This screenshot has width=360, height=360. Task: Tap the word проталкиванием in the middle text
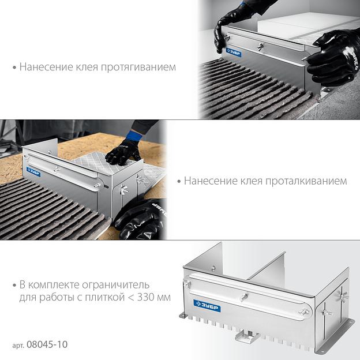(306, 181)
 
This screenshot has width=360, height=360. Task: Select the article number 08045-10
(47, 344)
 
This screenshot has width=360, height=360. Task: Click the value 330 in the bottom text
(146, 297)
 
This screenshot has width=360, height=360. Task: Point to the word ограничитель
(116, 285)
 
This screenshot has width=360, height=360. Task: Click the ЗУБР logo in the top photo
(234, 52)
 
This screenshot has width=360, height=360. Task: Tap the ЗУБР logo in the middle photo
(33, 172)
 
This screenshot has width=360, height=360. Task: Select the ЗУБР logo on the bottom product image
(207, 306)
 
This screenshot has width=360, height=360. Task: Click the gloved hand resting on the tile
(123, 152)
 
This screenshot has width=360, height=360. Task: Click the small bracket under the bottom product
(247, 336)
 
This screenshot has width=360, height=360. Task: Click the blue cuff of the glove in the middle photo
(134, 136)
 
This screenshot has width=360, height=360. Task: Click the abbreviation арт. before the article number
(18, 346)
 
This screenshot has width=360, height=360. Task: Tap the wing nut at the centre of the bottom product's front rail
(244, 297)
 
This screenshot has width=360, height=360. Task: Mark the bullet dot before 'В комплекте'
(14, 286)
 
